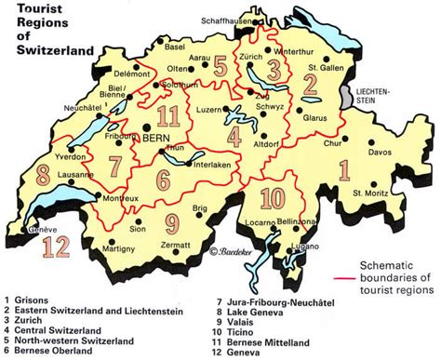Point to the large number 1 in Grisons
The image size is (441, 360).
(x=369, y=170)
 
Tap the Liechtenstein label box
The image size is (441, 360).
(x=377, y=93)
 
